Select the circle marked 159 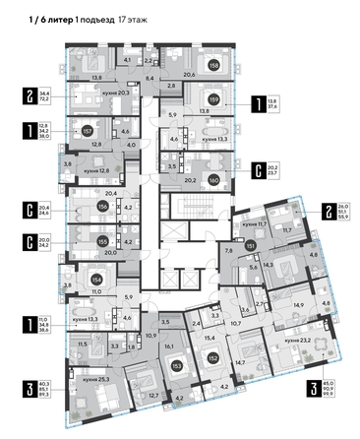[x=212, y=98]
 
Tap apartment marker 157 [x=87, y=129]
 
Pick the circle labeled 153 [x=175, y=366]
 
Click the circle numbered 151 [x=251, y=246]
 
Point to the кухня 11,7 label [x=247, y=226]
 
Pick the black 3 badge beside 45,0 [x=312, y=391]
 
